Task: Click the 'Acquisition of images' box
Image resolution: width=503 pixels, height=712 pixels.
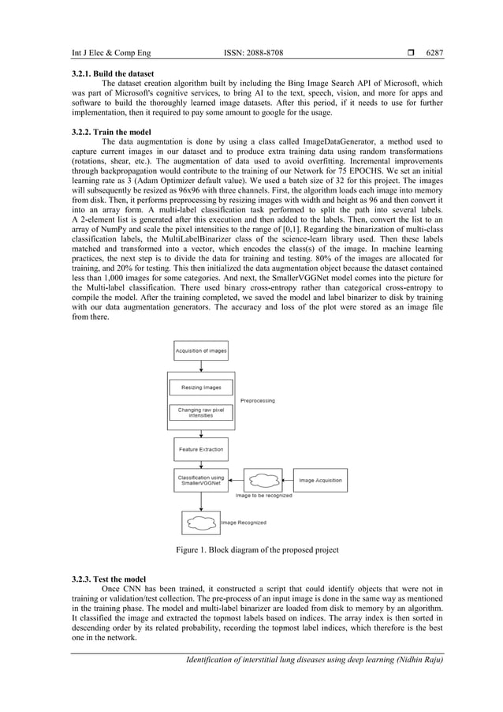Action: (x=201, y=350)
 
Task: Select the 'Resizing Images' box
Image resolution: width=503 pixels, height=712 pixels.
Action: (x=201, y=388)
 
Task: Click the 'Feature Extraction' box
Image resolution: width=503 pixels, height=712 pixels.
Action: (x=201, y=449)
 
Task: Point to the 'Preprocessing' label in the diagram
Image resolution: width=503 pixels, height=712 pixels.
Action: (x=257, y=401)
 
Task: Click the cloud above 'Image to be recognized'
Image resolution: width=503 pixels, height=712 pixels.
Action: (x=263, y=479)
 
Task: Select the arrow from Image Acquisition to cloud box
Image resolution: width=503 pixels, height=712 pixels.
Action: (x=287, y=479)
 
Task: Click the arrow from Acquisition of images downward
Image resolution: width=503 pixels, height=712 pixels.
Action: (x=201, y=365)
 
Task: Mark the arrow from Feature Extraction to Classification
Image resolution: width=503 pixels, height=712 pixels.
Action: (x=201, y=465)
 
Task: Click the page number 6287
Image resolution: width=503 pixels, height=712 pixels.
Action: (x=434, y=53)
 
